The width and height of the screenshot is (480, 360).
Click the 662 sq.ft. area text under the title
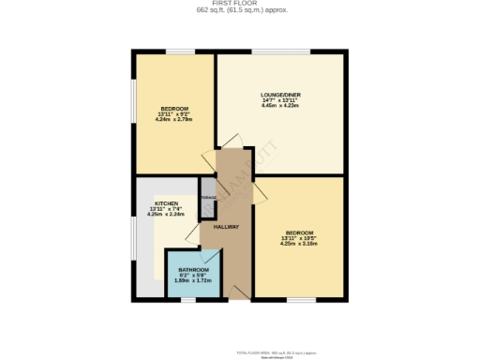pos(241,11)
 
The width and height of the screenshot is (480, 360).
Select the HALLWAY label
pos(227,227)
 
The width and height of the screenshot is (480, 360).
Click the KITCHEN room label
pos(167,203)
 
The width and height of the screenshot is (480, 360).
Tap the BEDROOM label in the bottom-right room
pos(299,232)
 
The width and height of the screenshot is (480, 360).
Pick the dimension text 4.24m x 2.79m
pos(174,120)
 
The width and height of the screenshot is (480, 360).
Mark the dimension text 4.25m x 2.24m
pos(167,214)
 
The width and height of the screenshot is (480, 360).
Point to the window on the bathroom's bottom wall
pos(192,299)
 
